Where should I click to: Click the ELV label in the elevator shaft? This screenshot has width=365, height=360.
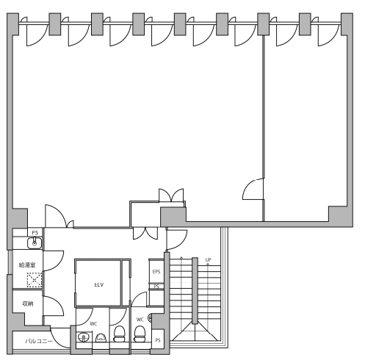tap(99, 285)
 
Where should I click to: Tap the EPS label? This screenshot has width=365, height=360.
tap(156, 272)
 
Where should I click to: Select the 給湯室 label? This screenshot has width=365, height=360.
tap(27, 265)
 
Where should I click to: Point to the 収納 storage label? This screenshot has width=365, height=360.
tap(28, 303)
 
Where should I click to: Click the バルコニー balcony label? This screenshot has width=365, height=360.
tap(39, 341)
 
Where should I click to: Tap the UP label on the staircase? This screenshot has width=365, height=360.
tap(208, 260)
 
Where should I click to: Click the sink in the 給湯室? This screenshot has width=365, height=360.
tap(35, 243)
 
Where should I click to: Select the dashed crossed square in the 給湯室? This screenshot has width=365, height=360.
tap(35, 279)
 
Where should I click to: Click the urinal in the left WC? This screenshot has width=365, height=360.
tap(101, 338)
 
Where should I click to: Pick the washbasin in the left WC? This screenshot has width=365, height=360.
tap(84, 337)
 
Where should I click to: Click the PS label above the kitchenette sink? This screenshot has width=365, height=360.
tap(35, 233)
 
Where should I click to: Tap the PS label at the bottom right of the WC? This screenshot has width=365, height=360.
tap(158, 340)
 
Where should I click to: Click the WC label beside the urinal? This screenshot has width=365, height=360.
tap(93, 324)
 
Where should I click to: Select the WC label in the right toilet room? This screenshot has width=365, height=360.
tap(140, 320)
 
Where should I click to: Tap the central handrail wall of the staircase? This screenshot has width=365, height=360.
tap(195, 291)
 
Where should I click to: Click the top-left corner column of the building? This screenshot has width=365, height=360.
tap(12, 24)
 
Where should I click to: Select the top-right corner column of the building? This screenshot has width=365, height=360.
tap(347, 24)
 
